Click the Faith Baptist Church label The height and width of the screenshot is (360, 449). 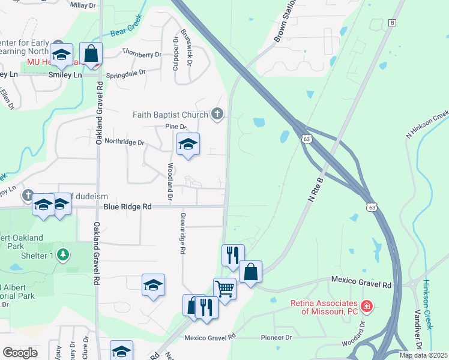pos(170,114)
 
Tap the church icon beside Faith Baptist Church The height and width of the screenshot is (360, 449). pos(217,113)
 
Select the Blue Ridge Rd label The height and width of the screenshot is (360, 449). pos(127,206)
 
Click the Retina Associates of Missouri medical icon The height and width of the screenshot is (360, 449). pos(366,307)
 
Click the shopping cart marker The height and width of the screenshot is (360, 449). pos(224,289)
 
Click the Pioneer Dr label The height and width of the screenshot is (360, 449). pos(276,337)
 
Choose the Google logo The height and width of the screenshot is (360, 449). pos(20,352)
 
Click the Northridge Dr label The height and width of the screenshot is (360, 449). pos(125,143)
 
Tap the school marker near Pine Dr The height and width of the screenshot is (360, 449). pos(188,144)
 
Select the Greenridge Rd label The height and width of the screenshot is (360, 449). pos(182,233)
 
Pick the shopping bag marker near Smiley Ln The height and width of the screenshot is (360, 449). pos(91,53)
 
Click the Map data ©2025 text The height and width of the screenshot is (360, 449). pos(423,355)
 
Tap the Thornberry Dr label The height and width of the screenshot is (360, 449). pos(142,53)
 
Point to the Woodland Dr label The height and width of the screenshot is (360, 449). pos(170,181)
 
